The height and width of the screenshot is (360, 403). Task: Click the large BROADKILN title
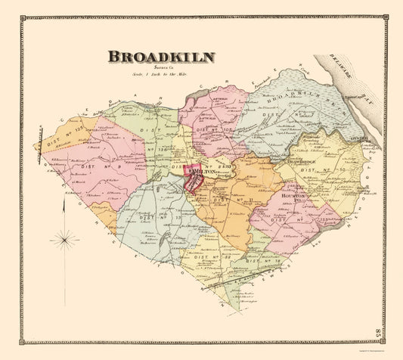click(160, 57)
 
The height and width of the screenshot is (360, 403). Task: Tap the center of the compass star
click(67, 241)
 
